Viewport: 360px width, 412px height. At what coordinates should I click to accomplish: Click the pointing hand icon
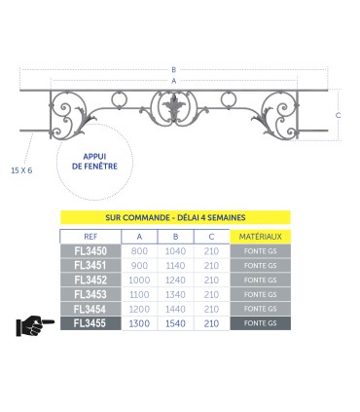tap(35, 325)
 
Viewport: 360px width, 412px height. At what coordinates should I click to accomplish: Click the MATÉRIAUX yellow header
tap(260, 237)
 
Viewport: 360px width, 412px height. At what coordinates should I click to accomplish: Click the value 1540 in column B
tap(175, 323)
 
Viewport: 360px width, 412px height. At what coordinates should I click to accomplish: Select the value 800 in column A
tap(140, 251)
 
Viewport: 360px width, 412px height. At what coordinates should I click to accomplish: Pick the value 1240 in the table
tap(175, 281)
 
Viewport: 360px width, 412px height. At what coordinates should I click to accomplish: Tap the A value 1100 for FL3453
tap(140, 294)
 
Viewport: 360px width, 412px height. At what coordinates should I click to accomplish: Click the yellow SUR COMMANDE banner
tap(175, 219)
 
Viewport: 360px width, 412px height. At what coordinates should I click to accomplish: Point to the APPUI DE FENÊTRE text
tap(94, 160)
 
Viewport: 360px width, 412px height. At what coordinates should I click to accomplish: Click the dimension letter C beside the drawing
tap(338, 115)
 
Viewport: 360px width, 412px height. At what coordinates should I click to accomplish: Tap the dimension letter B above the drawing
tap(173, 69)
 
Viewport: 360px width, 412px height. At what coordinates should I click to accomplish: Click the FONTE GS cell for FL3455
tap(260, 323)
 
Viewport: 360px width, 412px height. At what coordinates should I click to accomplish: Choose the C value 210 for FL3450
tap(211, 251)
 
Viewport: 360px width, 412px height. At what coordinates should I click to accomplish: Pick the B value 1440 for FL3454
tap(175, 309)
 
